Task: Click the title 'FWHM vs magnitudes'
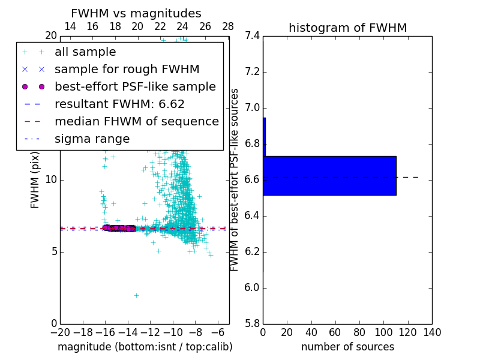[136, 13]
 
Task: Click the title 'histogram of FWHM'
[347, 28]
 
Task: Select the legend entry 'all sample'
[85, 52]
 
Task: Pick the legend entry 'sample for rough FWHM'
[127, 70]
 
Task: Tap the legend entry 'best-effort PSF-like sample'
[135, 86]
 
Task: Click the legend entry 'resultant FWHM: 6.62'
[119, 104]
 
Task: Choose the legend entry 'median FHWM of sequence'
[136, 121]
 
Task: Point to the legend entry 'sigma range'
[92, 139]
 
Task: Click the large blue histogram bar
[329, 175]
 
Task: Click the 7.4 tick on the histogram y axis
[253, 36]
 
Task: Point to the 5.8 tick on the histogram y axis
[253, 324]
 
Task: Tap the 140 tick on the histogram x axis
[432, 332]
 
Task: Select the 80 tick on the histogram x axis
[359, 332]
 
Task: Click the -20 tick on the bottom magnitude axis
[60, 332]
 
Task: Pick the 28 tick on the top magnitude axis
[228, 27]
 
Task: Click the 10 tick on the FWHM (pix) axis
[50, 180]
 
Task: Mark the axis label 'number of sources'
[347, 347]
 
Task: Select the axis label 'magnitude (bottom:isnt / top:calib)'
[145, 347]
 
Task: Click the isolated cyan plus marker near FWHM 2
[136, 295]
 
